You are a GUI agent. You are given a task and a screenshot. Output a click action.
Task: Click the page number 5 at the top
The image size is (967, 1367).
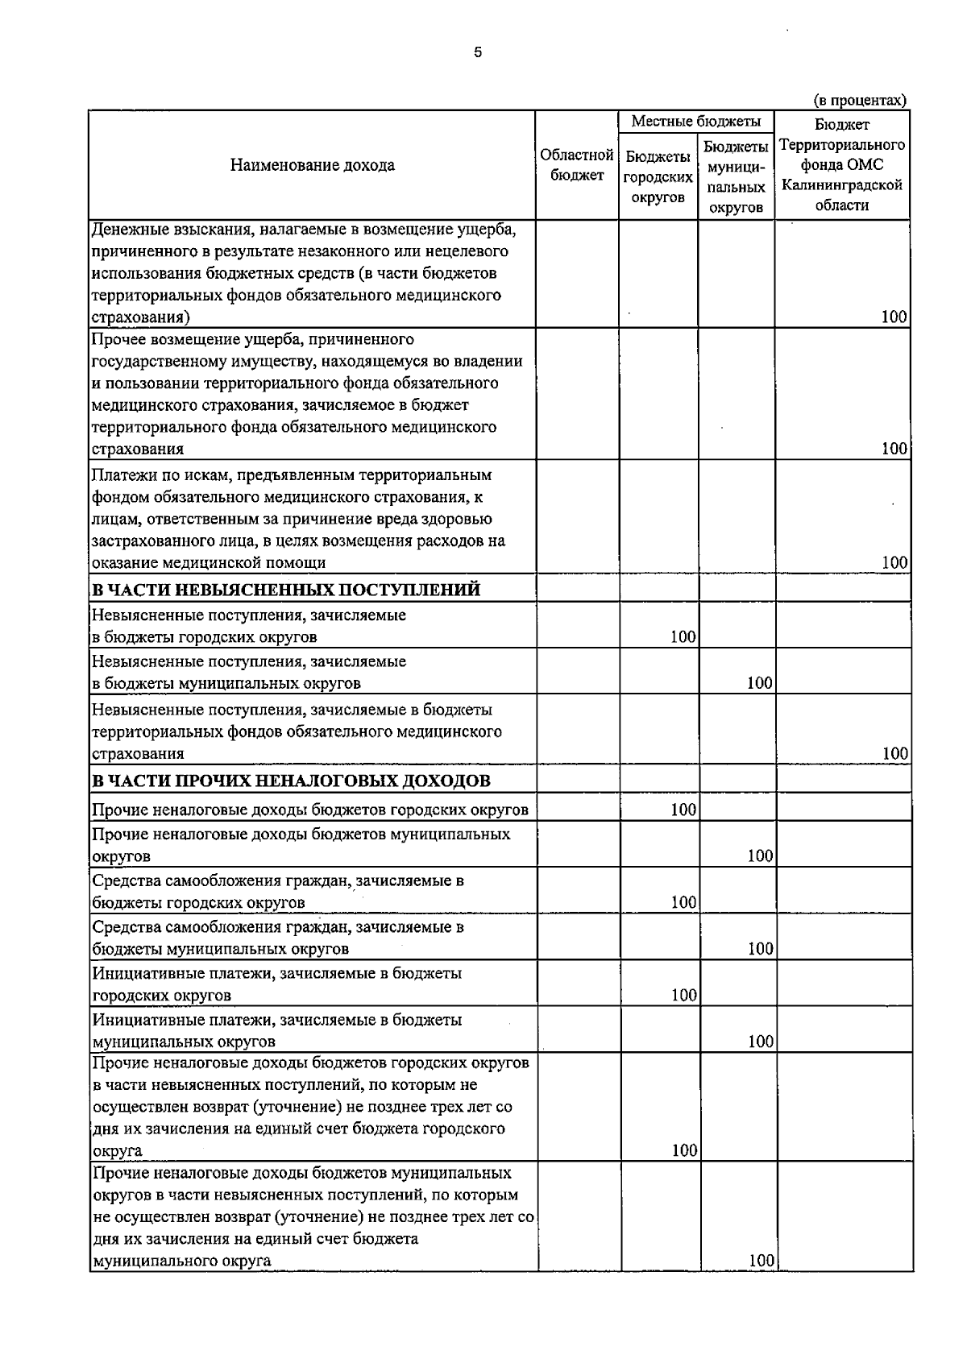(478, 52)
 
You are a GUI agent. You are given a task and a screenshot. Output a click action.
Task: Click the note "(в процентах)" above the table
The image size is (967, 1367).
(860, 100)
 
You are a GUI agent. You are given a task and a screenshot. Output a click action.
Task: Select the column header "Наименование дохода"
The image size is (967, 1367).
(313, 165)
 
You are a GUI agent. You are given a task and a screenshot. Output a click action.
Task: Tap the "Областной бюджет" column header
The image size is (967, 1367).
(577, 164)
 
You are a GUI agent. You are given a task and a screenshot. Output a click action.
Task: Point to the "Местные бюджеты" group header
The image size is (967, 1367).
(696, 122)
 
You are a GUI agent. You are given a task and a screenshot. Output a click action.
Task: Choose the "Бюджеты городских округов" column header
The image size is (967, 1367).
(658, 176)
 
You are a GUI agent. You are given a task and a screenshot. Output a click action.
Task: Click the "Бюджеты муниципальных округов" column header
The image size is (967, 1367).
(736, 176)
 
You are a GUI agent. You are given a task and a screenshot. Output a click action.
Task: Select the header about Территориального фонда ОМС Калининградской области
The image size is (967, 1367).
(842, 165)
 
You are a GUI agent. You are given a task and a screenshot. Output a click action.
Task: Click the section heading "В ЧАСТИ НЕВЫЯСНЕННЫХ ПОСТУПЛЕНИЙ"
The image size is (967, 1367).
(286, 590)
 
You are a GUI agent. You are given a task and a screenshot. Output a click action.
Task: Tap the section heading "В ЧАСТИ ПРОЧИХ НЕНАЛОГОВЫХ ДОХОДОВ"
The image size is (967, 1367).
(291, 781)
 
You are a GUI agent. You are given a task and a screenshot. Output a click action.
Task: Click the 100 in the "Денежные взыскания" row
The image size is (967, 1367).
(894, 317)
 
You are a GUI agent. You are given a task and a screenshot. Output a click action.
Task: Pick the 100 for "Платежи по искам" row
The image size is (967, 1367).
(894, 562)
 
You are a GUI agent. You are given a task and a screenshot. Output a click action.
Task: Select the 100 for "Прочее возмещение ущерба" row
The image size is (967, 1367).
(894, 449)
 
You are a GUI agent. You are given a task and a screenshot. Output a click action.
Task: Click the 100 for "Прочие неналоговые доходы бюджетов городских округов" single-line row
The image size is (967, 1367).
(683, 810)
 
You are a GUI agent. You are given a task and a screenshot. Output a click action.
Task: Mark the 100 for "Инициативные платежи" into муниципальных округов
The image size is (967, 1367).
(760, 1042)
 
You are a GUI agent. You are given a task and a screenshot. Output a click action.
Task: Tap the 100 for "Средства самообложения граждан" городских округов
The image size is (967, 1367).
(683, 902)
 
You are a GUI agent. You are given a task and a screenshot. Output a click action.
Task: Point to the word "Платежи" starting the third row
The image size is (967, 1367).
(121, 475)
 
